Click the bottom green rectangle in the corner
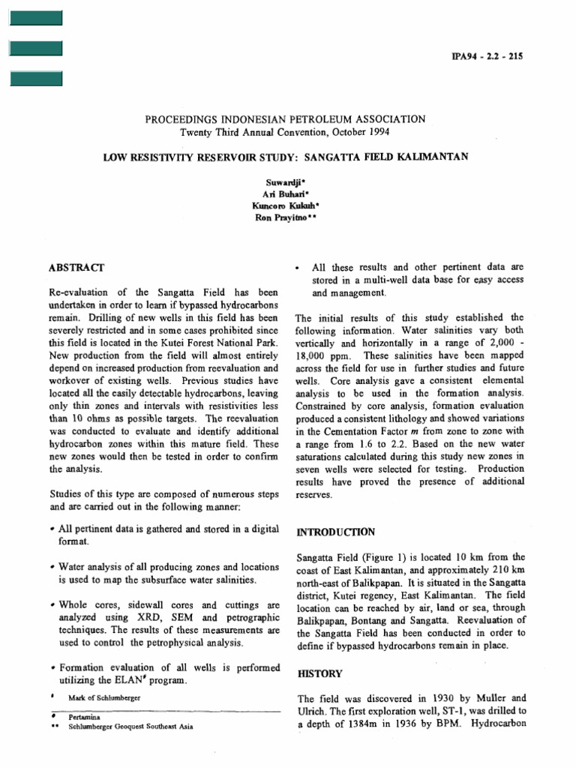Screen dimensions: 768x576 point(35,78)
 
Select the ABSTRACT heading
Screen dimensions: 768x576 point(77,267)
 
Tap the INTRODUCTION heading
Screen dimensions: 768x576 point(335,532)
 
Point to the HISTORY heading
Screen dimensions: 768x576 point(319,673)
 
